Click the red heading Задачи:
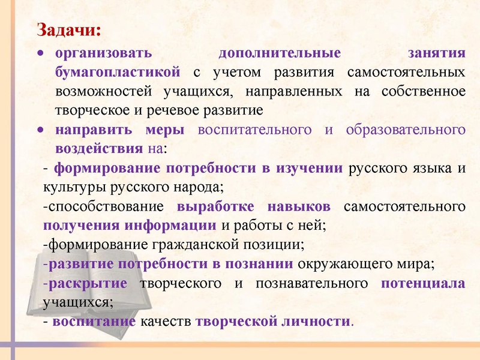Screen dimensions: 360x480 click(68, 29)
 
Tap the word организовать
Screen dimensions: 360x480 click(103, 53)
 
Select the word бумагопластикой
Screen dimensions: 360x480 click(118, 73)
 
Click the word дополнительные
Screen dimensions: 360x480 click(279, 53)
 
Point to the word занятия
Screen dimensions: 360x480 click(436, 53)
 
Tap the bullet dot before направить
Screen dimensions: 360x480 click(40, 130)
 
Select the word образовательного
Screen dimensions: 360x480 click(406, 130)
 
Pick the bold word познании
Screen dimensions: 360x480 click(263, 264)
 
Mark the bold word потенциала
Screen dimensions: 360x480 click(423, 283)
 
